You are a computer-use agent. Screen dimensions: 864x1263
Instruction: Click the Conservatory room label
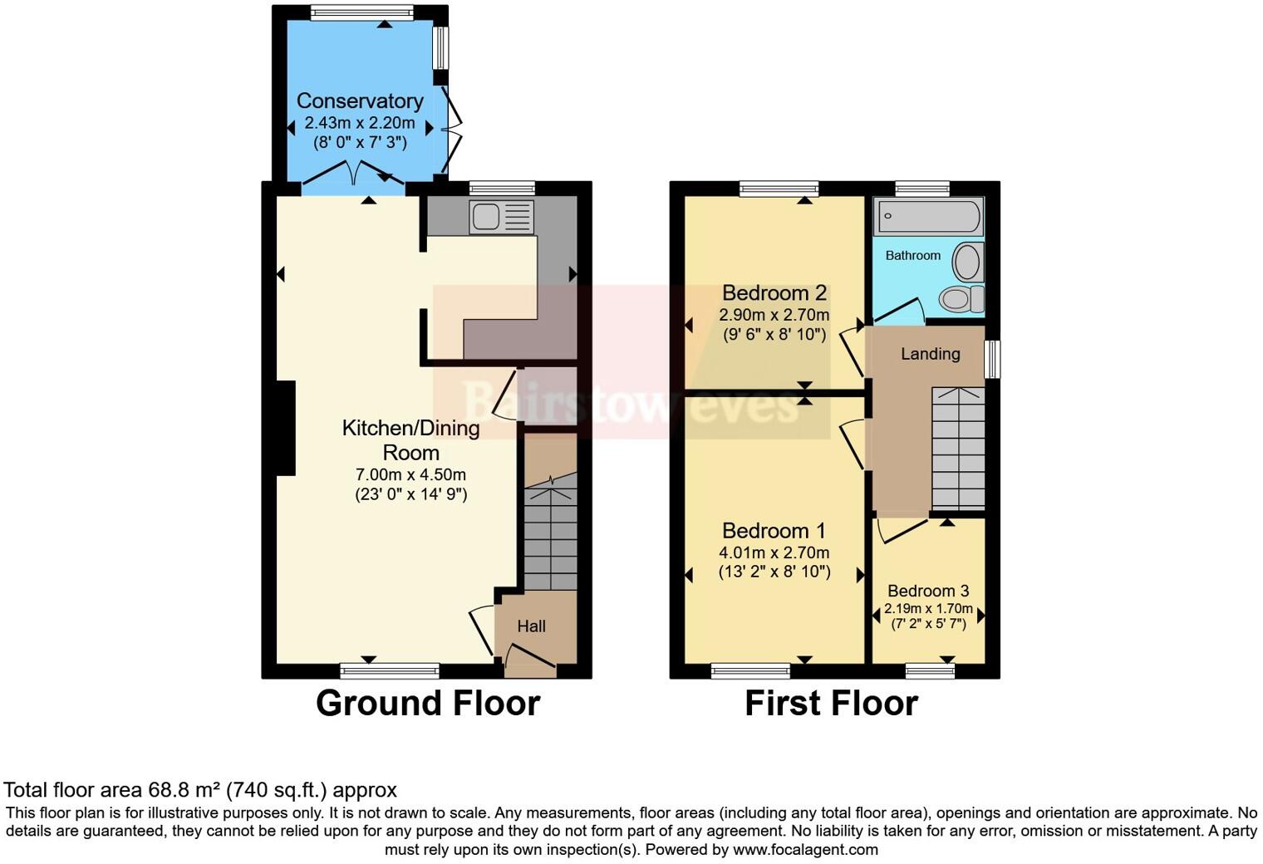[x=360, y=101]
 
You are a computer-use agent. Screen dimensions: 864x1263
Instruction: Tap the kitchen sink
[x=501, y=218]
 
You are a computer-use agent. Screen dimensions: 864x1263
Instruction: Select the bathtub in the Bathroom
[x=928, y=217]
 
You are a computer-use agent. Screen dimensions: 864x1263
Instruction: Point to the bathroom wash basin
[x=966, y=261]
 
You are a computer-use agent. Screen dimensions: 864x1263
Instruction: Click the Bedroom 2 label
[x=774, y=292]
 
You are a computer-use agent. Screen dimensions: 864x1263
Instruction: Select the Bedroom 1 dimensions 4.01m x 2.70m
[x=774, y=552]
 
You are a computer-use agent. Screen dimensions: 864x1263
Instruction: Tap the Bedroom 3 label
[x=928, y=591]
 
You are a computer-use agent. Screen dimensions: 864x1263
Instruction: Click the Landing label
[x=930, y=354]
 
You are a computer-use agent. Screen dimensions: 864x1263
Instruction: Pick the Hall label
[x=531, y=626]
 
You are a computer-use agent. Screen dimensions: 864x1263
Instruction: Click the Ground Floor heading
[x=428, y=704]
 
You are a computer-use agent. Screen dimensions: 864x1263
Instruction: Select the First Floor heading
[x=831, y=704]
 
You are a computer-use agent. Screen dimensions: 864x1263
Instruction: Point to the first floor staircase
[x=957, y=449]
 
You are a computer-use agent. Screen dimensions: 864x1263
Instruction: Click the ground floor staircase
[x=550, y=532]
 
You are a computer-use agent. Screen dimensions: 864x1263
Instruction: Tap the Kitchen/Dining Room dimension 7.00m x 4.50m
[x=410, y=475]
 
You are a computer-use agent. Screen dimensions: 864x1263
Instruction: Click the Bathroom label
[x=912, y=256]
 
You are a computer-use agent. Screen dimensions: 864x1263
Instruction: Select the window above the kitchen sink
[x=501, y=188]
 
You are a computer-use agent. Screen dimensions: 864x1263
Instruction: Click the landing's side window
[x=992, y=359]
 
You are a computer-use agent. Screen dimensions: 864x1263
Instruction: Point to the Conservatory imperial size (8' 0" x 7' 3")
[x=360, y=142]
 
